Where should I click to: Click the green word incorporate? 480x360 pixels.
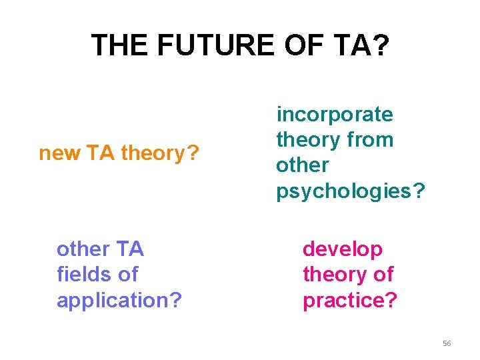pyautogui.click(x=335, y=115)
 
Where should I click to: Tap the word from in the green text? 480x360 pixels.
pyautogui.click(x=371, y=140)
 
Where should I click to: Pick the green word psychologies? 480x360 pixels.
pyautogui.click(x=350, y=191)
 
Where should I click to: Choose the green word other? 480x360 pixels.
pyautogui.click(x=302, y=165)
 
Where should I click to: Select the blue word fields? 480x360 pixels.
pyautogui.click(x=82, y=274)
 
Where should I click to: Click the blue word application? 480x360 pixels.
pyautogui.click(x=119, y=300)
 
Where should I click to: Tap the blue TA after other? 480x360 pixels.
pyautogui.click(x=129, y=249)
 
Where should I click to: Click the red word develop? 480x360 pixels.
pyautogui.click(x=343, y=249)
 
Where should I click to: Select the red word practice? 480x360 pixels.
pyautogui.click(x=349, y=300)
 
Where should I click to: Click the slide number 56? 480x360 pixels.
pyautogui.click(x=447, y=343)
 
